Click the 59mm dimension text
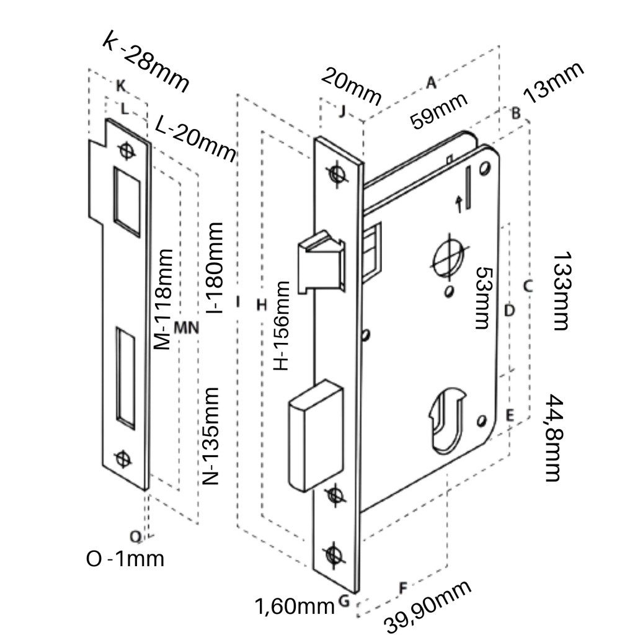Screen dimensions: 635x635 (438, 110)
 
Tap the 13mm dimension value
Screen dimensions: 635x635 (554, 82)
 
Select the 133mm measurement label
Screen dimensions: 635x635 (562, 291)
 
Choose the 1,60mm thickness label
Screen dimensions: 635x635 (295, 605)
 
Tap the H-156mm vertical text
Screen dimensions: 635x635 (282, 326)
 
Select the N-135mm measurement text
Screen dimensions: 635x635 (211, 436)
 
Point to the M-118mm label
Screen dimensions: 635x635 (162, 300)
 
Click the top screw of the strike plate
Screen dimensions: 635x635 (127, 151)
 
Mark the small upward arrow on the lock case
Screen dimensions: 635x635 (460, 203)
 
